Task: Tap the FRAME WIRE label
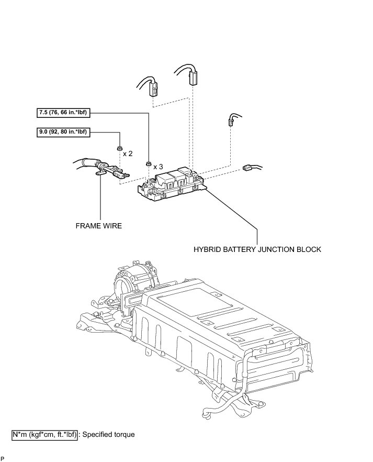[98, 227]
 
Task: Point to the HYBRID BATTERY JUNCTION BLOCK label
[257, 249]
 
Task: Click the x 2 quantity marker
[128, 154]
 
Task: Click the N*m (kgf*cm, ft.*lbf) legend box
[45, 434]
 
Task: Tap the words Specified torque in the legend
[109, 434]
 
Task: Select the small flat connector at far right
[247, 168]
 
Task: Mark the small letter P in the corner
[3, 458]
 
